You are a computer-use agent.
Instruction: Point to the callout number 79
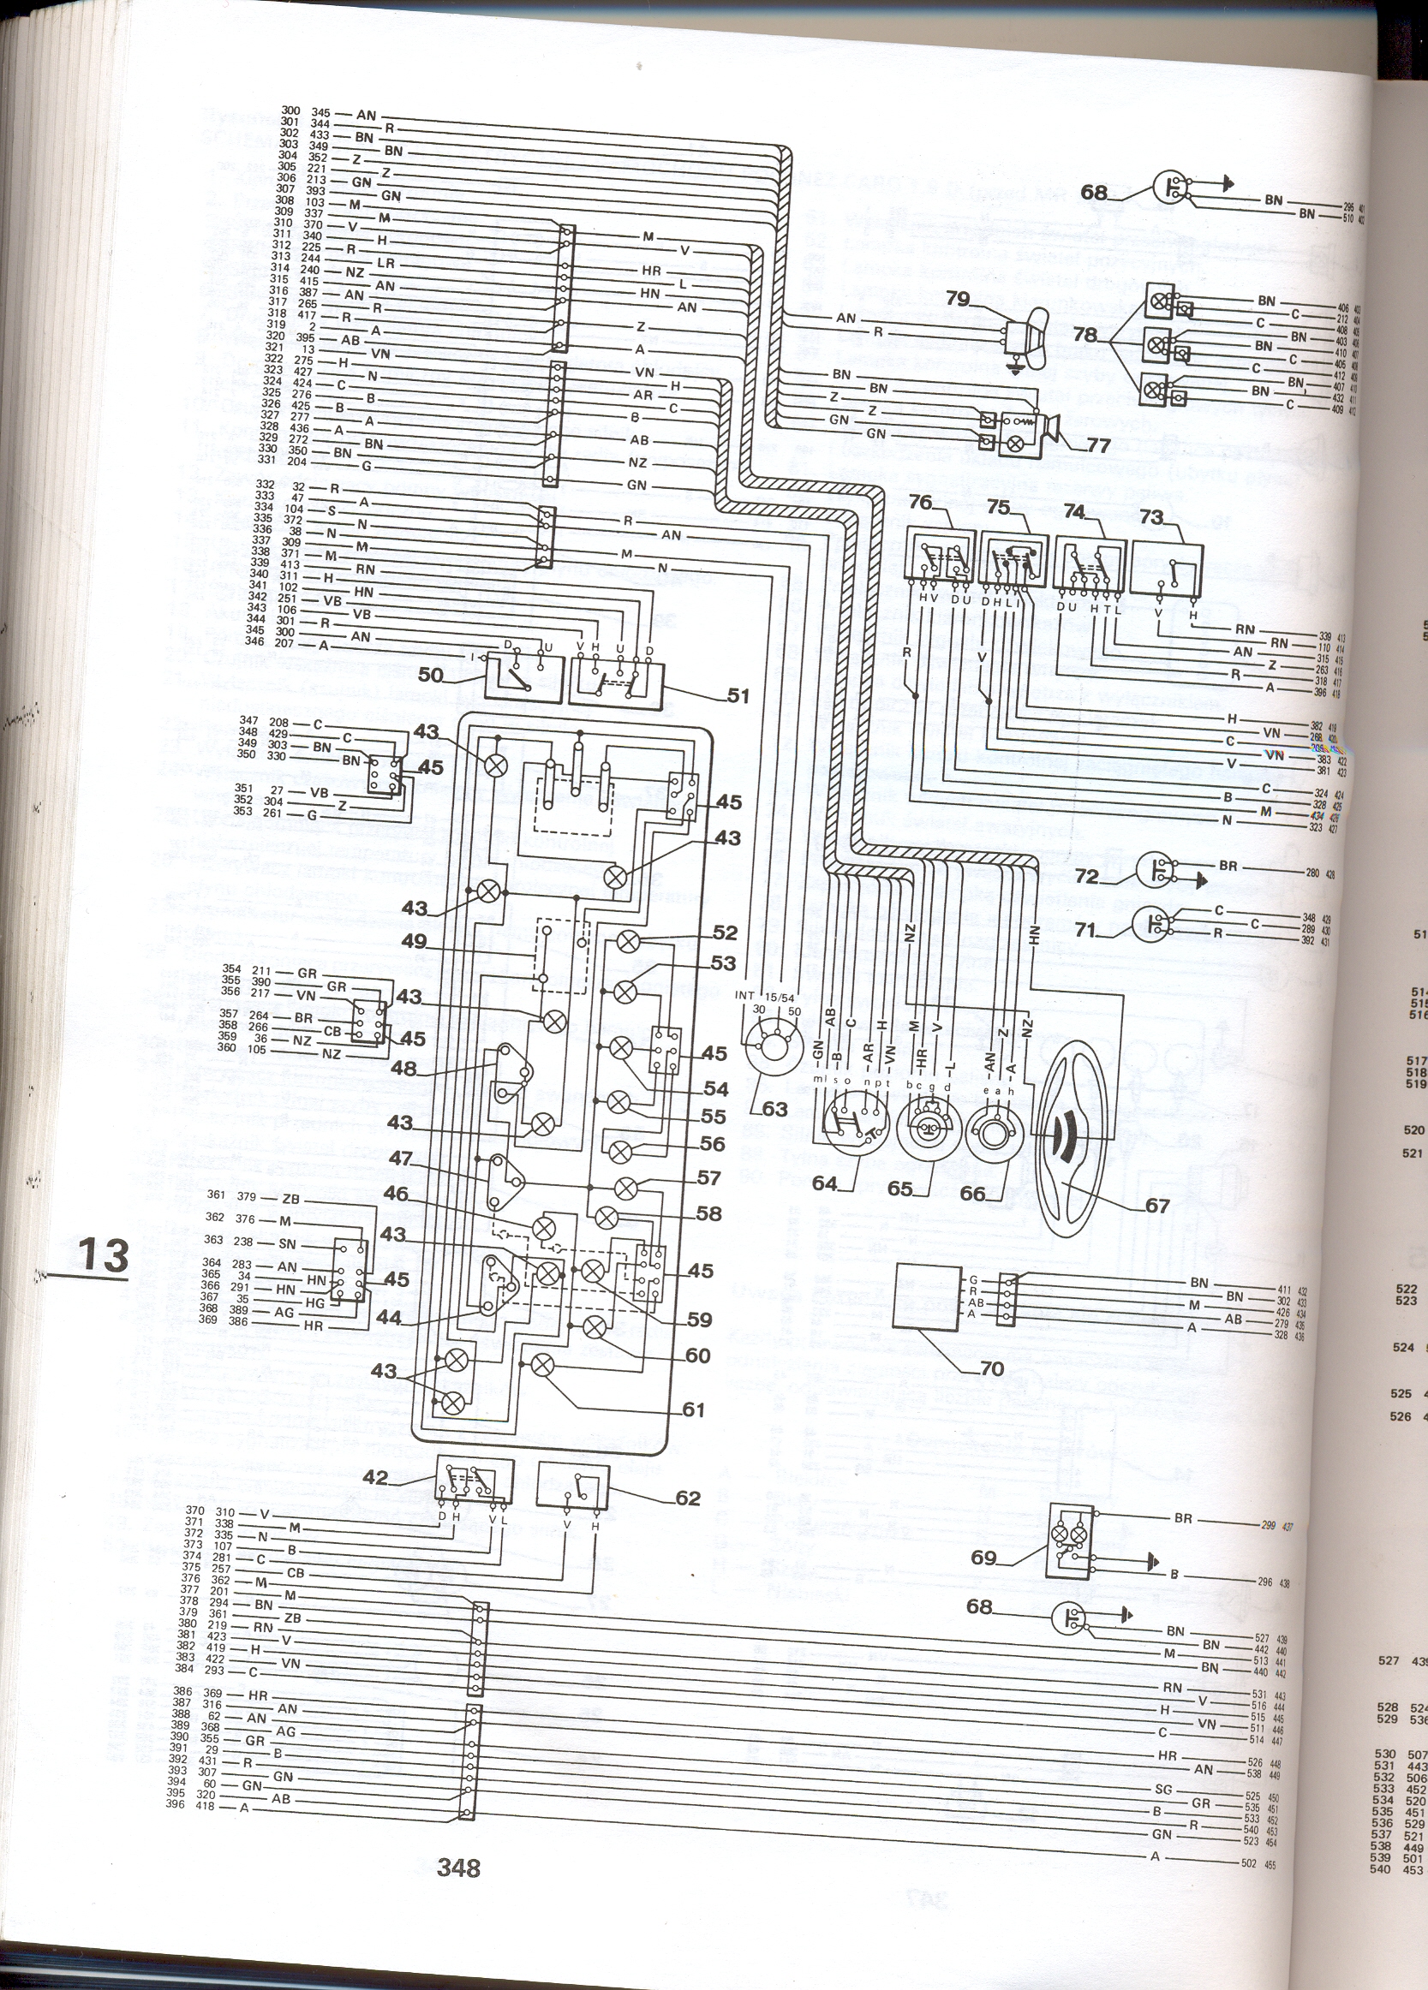(x=958, y=298)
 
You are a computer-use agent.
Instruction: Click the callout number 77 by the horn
(x=1098, y=446)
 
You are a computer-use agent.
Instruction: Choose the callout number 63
(x=775, y=1110)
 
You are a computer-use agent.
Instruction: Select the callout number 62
(x=687, y=1498)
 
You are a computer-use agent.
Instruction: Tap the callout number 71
(x=1086, y=930)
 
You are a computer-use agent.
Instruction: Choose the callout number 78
(x=1084, y=336)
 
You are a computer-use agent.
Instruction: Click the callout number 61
(x=693, y=1411)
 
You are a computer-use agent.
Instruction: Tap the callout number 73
(x=1150, y=518)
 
